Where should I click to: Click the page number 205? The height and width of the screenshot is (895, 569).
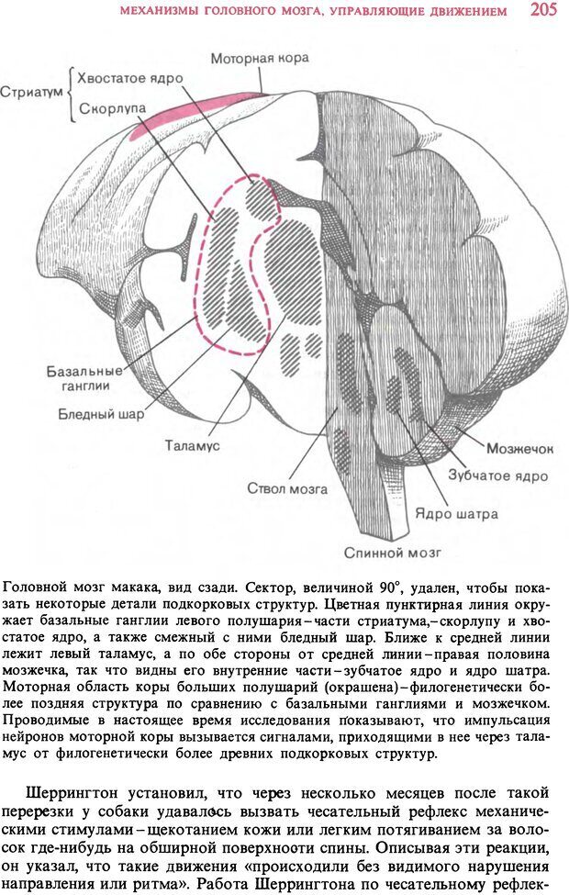tap(543, 10)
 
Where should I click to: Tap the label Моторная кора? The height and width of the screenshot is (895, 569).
tap(260, 58)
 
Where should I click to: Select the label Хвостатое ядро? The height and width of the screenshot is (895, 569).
tap(129, 78)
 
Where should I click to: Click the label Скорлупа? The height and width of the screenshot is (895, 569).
tap(112, 108)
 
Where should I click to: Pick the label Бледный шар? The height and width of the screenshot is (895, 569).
tap(101, 414)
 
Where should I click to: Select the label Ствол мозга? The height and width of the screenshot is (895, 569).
tap(286, 488)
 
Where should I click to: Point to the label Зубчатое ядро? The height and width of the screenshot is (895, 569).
tap(498, 475)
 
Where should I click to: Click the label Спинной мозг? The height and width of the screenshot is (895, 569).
tap(393, 553)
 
